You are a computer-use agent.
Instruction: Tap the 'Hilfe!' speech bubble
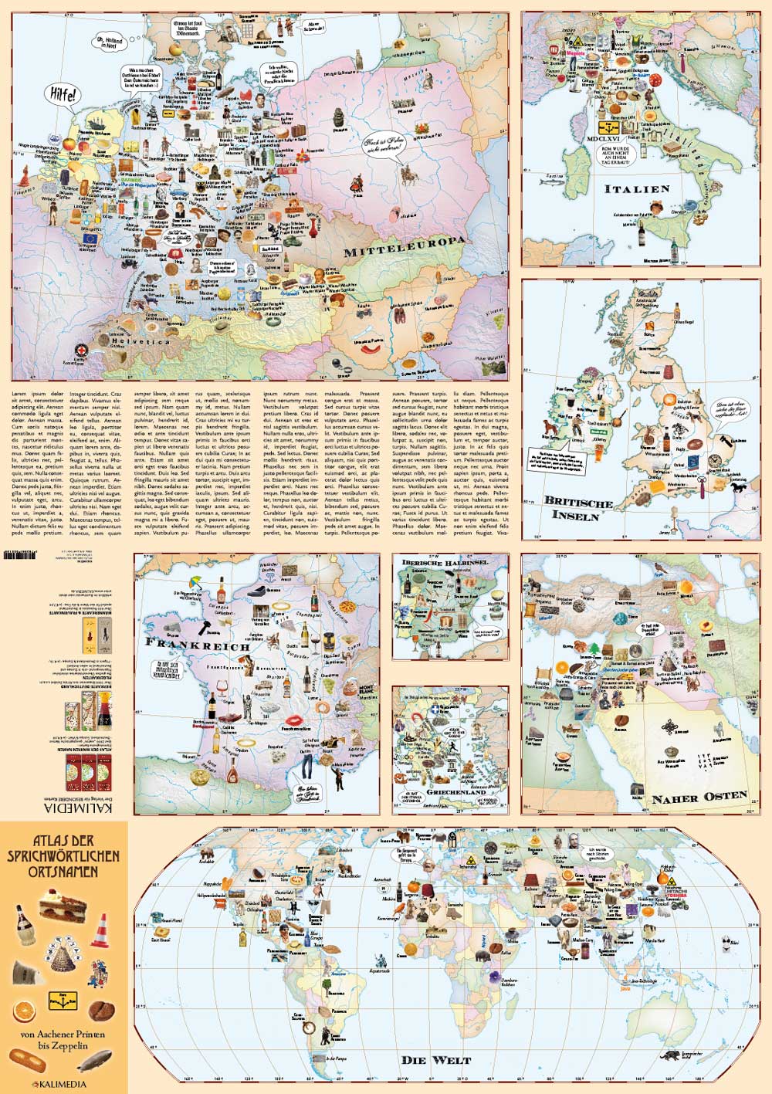[x=63, y=96]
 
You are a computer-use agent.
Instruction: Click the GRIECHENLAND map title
[x=451, y=792]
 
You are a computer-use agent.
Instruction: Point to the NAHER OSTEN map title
[x=699, y=797]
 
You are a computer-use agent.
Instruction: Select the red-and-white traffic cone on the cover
[x=100, y=931]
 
